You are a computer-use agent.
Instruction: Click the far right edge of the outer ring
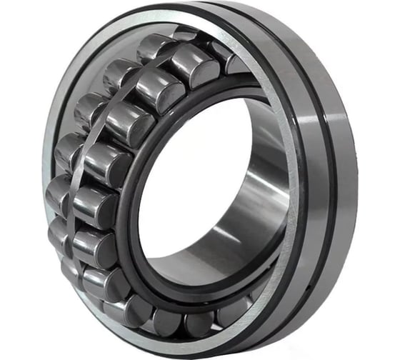356,179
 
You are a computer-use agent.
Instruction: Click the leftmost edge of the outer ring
42,179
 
